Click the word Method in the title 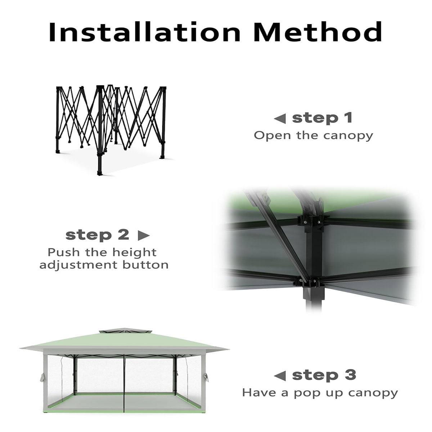(x=318, y=32)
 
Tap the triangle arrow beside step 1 (x=280, y=118)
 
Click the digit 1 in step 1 (x=349, y=118)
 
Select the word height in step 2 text (x=134, y=253)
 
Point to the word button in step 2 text (x=145, y=265)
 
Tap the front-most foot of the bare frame (x=100, y=173)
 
